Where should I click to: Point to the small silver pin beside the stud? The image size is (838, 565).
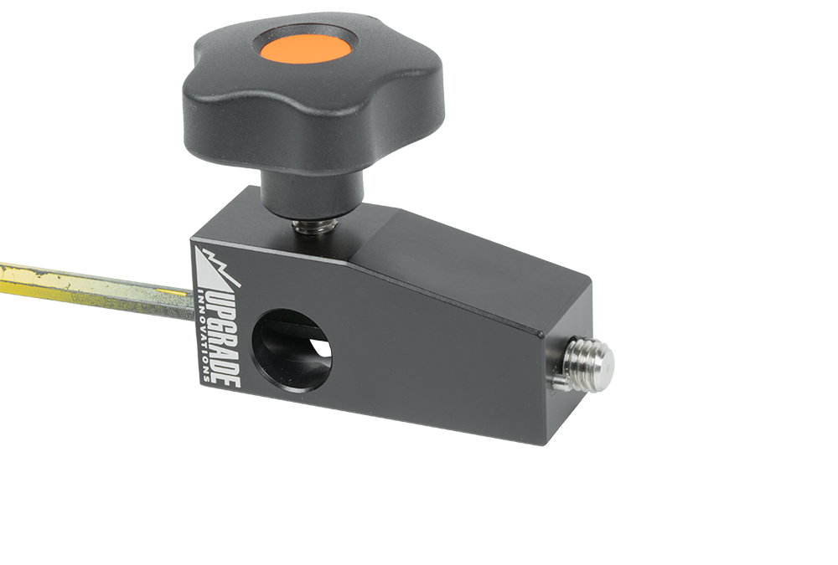click(x=558, y=380)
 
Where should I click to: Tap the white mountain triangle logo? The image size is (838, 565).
click(x=216, y=268)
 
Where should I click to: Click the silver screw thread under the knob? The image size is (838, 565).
click(x=313, y=225)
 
